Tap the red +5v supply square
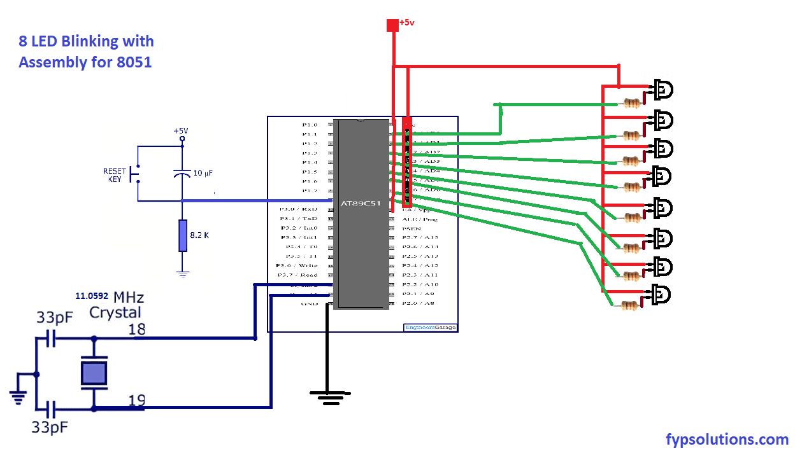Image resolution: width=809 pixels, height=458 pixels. [392, 25]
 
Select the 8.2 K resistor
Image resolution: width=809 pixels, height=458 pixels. [183, 235]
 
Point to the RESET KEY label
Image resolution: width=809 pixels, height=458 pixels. [114, 176]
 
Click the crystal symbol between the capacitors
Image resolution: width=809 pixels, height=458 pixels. [94, 372]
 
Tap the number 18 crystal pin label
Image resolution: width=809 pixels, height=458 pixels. [136, 329]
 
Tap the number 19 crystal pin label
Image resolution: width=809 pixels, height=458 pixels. [136, 401]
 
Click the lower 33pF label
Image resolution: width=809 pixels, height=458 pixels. [50, 427]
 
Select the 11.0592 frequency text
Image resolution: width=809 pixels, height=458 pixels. [92, 296]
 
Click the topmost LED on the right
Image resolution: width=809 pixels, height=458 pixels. [662, 90]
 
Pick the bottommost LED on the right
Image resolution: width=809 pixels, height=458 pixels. [662, 295]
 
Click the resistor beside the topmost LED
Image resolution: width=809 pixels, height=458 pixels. [632, 103]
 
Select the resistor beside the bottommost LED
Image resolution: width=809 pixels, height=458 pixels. [630, 306]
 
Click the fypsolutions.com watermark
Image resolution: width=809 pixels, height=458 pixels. [727, 439]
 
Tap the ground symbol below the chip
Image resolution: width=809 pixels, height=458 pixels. [327, 398]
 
